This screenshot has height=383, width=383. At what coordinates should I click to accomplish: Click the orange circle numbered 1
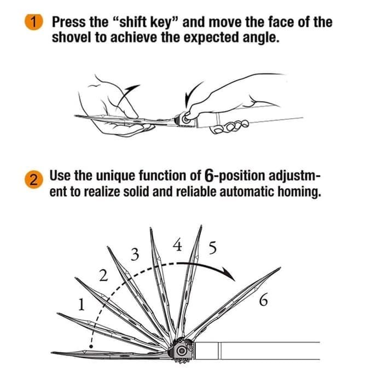pos(34,22)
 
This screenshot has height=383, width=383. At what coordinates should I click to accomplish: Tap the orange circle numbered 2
pos(34,179)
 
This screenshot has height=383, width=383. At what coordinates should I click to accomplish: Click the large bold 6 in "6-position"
pos(209,176)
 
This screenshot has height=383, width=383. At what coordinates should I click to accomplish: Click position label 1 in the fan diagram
pos(82,305)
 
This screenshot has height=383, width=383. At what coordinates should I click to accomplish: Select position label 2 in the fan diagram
pos(103,275)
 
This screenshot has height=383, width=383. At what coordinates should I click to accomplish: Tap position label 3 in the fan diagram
pos(135,254)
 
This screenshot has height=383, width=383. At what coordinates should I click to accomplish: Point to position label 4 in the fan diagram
pos(178,245)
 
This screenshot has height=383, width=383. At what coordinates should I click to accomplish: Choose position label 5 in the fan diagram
pos(212,248)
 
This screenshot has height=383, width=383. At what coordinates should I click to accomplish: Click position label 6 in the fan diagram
pos(263,300)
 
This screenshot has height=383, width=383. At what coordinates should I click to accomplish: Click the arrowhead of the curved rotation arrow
pos(230,274)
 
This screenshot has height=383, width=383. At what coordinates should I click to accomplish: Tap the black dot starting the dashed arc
pos(91,346)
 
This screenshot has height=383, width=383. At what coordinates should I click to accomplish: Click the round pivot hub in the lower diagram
pos(182,351)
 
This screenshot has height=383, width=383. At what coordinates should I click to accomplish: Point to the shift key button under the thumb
pos(185,120)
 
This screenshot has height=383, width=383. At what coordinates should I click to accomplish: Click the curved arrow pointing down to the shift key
pos(191,94)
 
